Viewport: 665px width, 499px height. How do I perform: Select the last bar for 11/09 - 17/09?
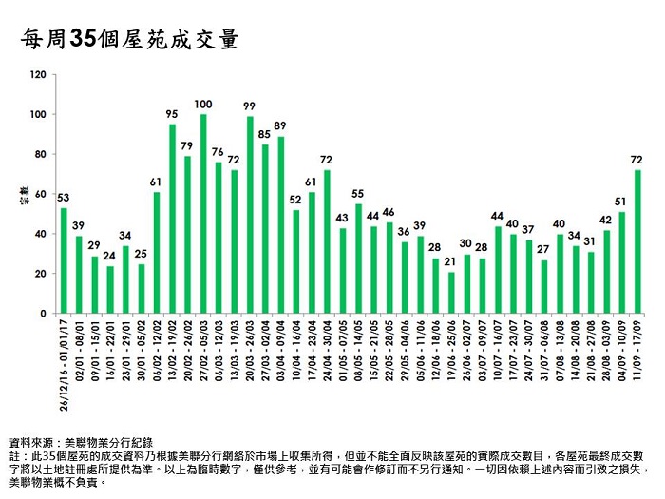tap(636, 241)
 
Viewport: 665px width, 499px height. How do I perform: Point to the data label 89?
tap(280, 125)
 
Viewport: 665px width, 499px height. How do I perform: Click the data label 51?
tap(621, 201)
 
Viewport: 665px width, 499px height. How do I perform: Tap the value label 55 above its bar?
tap(358, 193)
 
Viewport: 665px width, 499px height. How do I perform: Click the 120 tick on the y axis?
tap(37, 74)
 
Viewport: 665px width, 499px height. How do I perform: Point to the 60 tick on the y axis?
tap(39, 194)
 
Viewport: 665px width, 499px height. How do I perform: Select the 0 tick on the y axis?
tap(42, 313)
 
